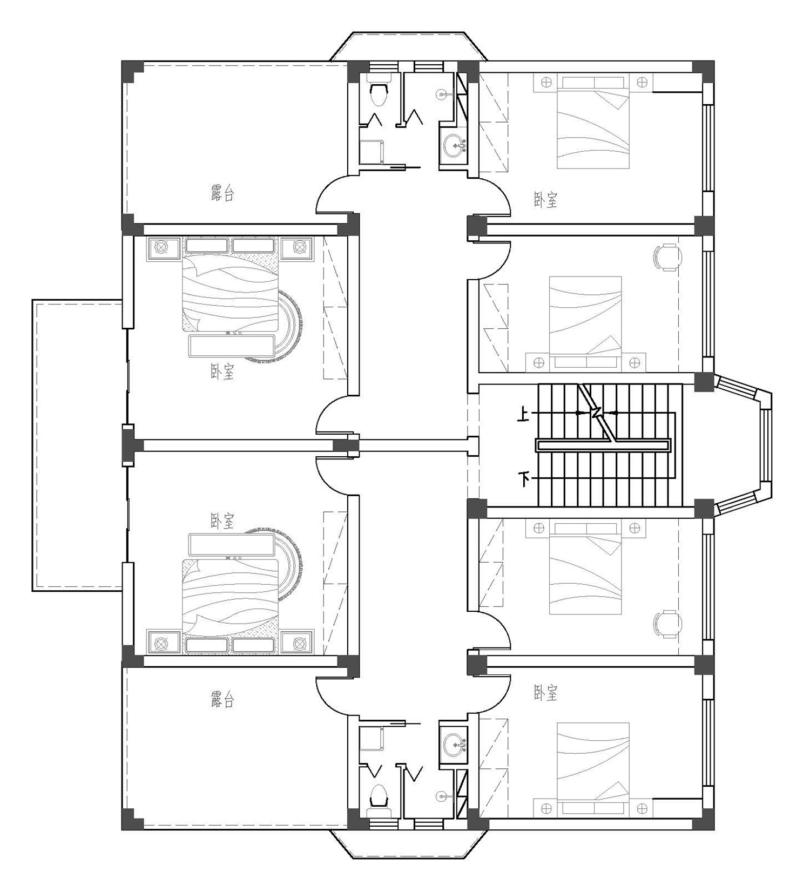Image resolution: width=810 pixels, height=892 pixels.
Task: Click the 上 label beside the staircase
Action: [523, 415]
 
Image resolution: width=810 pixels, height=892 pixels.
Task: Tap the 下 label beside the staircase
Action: [523, 478]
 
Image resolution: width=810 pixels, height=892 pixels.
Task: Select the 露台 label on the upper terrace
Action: [222, 193]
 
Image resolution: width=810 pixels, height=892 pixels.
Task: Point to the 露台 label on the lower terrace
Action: [222, 700]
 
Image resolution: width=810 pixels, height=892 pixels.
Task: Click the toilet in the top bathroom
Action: [380, 92]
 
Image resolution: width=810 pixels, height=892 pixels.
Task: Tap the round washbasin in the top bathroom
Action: [455, 144]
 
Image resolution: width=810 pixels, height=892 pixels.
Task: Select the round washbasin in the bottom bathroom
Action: [455, 746]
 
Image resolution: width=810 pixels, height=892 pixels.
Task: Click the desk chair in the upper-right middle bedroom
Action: [668, 257]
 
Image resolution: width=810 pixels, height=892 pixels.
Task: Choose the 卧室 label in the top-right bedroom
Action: [545, 200]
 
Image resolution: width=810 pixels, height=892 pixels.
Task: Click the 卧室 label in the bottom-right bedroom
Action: [545, 693]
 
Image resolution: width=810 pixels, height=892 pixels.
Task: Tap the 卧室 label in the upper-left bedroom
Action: [222, 371]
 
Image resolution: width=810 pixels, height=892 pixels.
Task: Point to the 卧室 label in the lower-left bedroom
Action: [222, 521]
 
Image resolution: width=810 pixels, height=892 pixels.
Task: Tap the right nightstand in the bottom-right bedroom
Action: [642, 808]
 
